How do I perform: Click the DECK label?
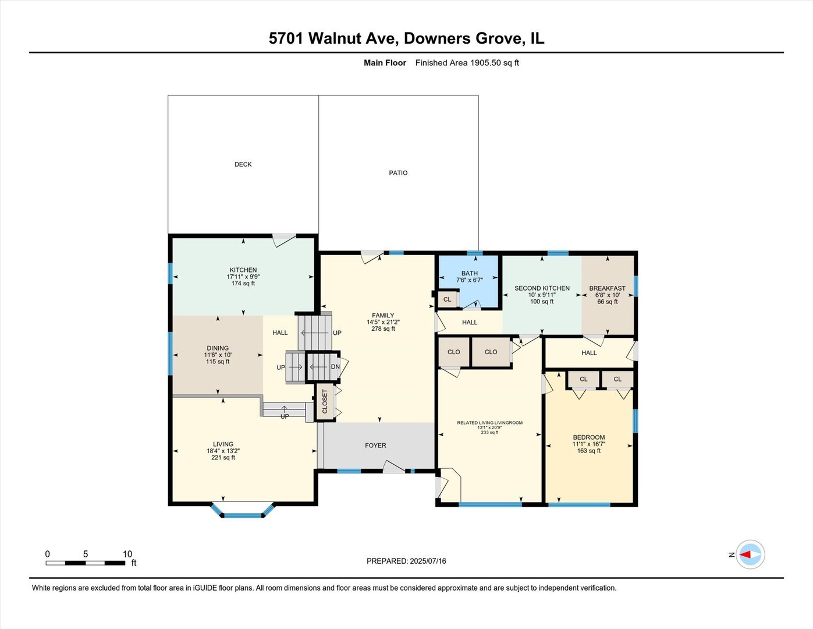[x=243, y=164]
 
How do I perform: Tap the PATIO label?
[x=398, y=173]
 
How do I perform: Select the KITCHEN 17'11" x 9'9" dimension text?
[x=243, y=277]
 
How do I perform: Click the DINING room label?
[x=218, y=348]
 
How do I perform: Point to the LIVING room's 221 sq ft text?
[x=223, y=458]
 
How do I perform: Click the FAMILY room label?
[x=383, y=316]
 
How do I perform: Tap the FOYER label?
[x=375, y=446]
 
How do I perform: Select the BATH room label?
[x=469, y=273]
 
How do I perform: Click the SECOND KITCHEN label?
[x=542, y=288]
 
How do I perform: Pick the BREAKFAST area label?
[x=607, y=288]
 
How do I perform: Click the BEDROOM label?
[x=588, y=437]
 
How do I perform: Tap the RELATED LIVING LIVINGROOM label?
[x=489, y=423]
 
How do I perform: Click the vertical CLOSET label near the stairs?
[x=325, y=401]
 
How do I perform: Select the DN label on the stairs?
[x=335, y=367]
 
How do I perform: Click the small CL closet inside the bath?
[x=447, y=299]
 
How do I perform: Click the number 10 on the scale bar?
[x=127, y=554]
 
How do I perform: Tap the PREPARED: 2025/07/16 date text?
[x=406, y=561]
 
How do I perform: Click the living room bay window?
[x=243, y=513]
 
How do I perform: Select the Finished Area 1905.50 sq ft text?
[x=467, y=63]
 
